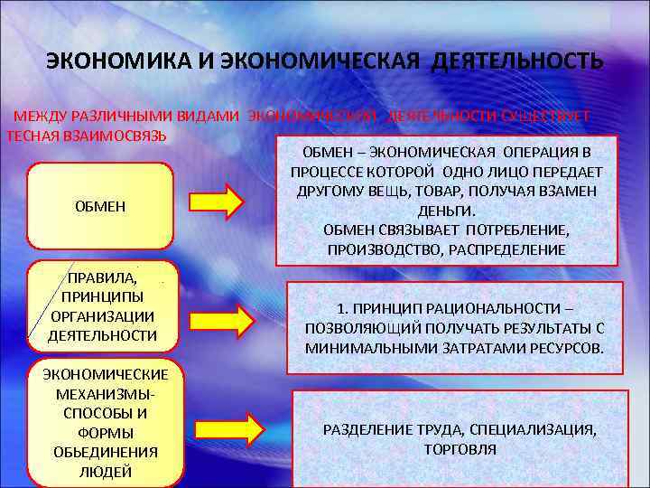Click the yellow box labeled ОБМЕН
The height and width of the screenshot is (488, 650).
[99, 207]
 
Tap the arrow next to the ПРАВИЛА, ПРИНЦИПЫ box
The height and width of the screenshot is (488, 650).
[235, 319]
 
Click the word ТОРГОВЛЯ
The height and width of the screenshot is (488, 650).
[460, 449]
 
